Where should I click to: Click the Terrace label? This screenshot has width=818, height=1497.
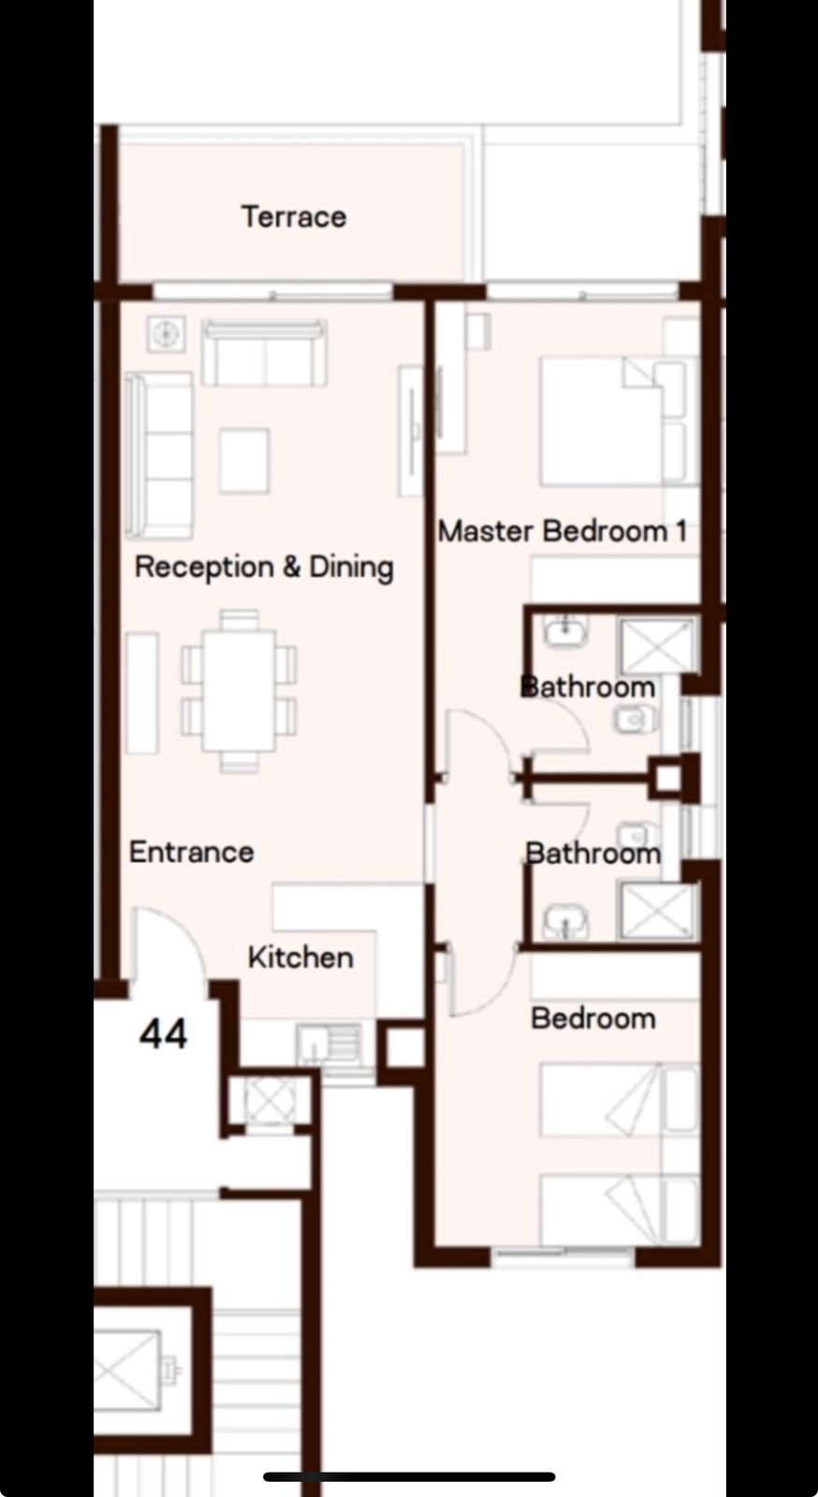tap(294, 216)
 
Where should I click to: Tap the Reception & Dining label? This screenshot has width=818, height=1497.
tap(264, 567)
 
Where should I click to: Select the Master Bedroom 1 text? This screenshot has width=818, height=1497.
tap(562, 531)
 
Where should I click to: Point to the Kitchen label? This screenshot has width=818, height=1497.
tap(300, 957)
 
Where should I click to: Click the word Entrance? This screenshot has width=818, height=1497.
tap(191, 852)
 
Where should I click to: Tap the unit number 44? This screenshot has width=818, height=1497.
tap(163, 1034)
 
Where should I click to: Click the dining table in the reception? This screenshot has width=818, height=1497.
tap(240, 691)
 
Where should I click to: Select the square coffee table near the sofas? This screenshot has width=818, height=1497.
tap(244, 460)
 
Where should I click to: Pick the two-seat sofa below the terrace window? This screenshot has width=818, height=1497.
tap(265, 353)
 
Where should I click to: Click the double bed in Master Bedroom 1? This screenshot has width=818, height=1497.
tap(614, 420)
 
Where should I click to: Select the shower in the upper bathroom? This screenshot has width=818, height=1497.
tap(657, 647)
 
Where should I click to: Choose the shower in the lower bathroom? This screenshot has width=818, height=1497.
tap(657, 911)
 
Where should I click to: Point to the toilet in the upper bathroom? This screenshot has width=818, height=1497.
tap(635, 719)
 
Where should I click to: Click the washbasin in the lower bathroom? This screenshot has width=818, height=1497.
tap(566, 922)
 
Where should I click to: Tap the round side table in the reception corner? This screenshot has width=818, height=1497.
tap(166, 333)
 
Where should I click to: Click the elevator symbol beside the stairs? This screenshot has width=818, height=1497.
tap(127, 1371)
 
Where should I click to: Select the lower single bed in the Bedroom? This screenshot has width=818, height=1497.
tap(619, 1211)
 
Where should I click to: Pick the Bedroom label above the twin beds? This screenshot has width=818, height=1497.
tap(592, 1019)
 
